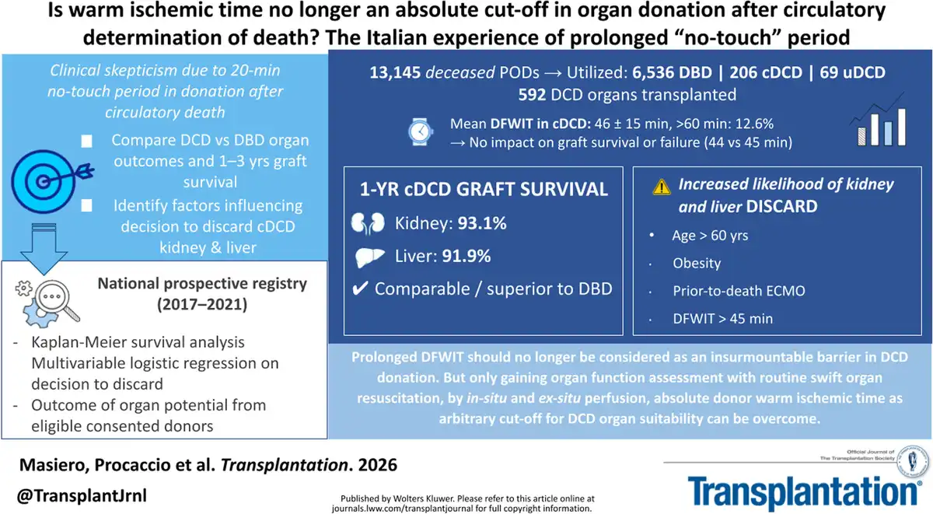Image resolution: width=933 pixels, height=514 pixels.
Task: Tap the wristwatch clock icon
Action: point(420,132)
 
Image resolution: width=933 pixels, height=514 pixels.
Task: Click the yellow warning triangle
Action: point(662,187)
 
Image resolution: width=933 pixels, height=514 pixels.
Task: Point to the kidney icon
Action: point(368,224)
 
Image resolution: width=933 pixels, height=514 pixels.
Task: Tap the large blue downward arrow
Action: point(44,249)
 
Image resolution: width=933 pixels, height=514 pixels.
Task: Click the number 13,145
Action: point(395,72)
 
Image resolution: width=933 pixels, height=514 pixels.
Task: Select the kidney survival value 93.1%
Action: point(482,224)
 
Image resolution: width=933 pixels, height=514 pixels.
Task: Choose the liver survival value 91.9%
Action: point(466,256)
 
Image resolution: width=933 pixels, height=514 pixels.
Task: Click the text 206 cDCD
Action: point(766,72)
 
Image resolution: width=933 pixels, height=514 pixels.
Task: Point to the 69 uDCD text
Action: point(852,72)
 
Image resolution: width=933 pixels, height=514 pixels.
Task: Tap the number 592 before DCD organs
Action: point(532,95)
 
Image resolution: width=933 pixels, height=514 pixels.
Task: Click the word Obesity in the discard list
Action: point(697,264)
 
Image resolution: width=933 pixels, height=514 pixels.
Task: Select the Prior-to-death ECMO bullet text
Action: point(739,291)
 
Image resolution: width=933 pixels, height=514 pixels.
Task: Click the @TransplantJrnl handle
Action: point(82,495)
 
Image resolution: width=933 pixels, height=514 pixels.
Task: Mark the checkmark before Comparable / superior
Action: point(360,288)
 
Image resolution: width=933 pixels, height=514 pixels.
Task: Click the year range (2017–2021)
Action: point(202,305)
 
